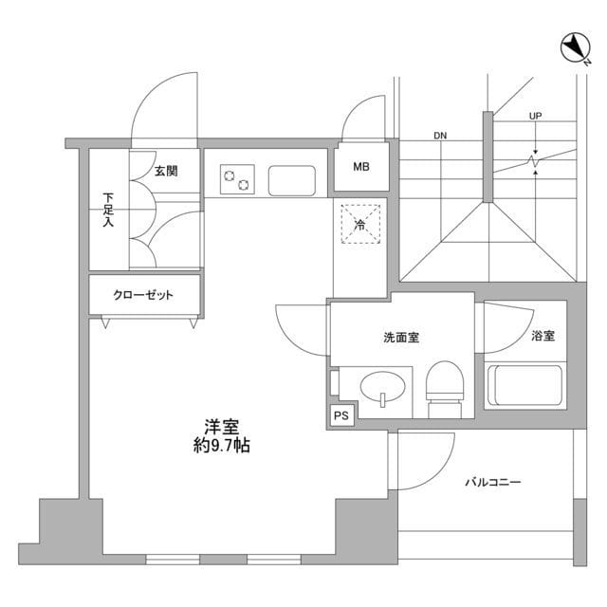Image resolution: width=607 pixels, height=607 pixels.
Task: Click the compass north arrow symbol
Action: click(x=576, y=47)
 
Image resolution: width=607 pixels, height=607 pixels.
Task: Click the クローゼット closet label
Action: click(x=144, y=295)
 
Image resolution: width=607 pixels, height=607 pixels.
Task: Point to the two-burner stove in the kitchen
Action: click(x=237, y=176)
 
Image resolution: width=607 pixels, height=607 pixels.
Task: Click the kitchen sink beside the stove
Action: click(x=292, y=178)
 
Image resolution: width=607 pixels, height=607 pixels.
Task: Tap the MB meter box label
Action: click(x=361, y=169)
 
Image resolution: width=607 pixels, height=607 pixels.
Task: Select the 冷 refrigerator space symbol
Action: click(x=360, y=224)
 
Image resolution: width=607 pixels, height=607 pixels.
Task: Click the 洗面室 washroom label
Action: click(x=401, y=337)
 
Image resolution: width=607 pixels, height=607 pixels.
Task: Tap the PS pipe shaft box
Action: click(x=340, y=414)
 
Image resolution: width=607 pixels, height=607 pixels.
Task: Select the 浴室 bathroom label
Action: click(x=543, y=336)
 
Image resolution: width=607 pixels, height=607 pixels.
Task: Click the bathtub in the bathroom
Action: click(x=524, y=385)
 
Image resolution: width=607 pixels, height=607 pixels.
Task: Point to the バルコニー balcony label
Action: click(x=492, y=483)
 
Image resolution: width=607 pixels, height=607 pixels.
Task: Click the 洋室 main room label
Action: click(x=217, y=426)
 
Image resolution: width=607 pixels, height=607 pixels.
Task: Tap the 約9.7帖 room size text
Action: click(x=217, y=446)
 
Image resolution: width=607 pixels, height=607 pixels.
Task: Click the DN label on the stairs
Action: click(x=440, y=136)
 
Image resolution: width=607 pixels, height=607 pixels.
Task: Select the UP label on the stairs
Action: click(x=536, y=117)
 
